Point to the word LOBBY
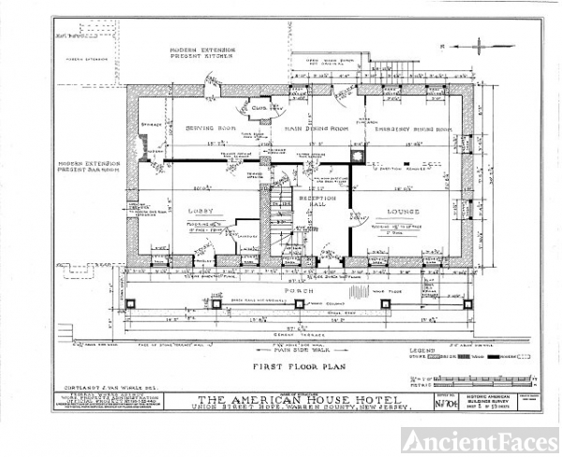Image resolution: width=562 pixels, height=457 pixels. point(201,212)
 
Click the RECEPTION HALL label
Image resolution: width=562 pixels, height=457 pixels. point(317,202)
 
